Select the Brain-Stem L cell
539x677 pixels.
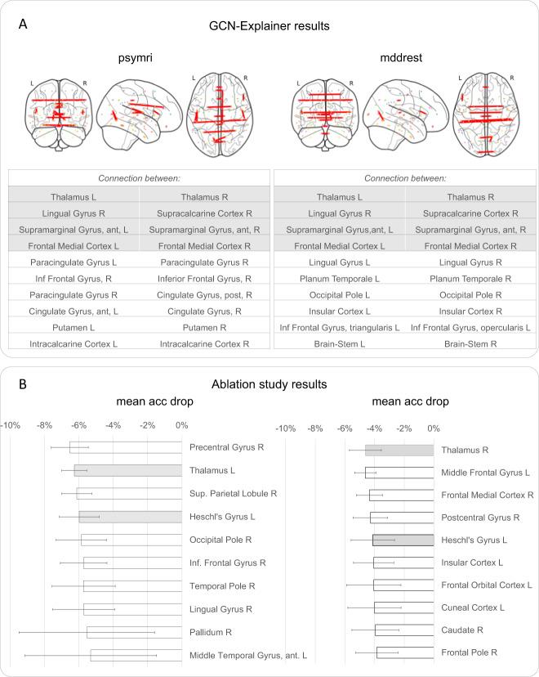coord(338,344)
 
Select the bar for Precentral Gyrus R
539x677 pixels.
coord(124,447)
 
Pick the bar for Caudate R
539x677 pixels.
coord(404,630)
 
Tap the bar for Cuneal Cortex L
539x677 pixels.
coord(403,608)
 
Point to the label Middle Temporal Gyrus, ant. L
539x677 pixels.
coord(248,656)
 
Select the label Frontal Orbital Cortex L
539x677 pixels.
coord(486,585)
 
